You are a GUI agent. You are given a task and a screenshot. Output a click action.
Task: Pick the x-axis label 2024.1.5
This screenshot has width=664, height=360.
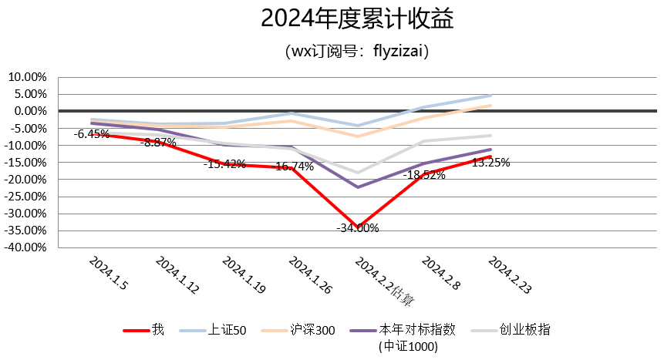pos(109,273)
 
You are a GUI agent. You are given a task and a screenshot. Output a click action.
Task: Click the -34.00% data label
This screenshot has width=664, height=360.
pos(358,228)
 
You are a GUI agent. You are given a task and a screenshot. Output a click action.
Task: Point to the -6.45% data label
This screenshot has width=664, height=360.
pos(91,134)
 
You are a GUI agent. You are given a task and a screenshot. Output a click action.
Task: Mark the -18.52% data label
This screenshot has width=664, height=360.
pos(424,176)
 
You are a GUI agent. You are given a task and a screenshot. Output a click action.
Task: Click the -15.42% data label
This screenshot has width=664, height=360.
pos(224,164)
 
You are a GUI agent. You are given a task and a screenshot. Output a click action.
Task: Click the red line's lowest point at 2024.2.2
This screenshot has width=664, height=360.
pos(358,227)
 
